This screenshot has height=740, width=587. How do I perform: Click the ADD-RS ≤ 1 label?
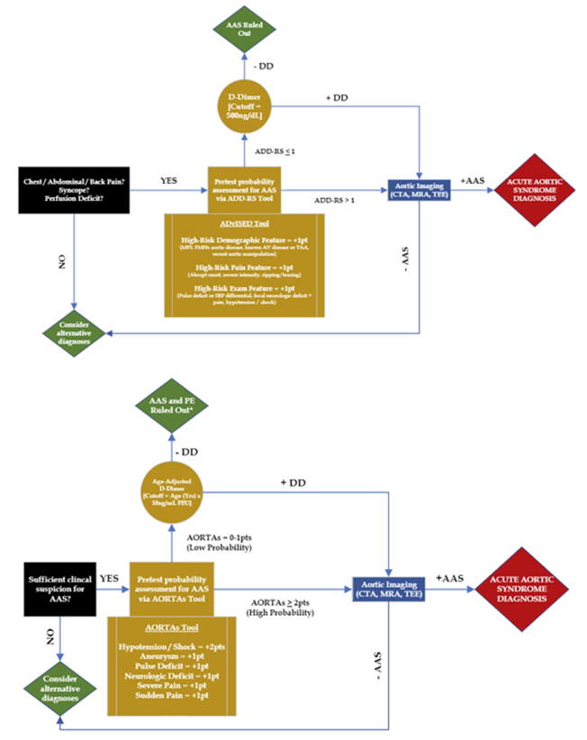(x=275, y=151)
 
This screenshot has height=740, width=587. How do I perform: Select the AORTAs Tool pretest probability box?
(x=171, y=587)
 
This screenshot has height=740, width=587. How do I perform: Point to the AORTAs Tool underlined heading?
(x=171, y=627)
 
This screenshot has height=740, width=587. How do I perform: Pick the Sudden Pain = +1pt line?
(x=171, y=697)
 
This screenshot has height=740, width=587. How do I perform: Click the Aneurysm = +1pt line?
(x=171, y=658)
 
